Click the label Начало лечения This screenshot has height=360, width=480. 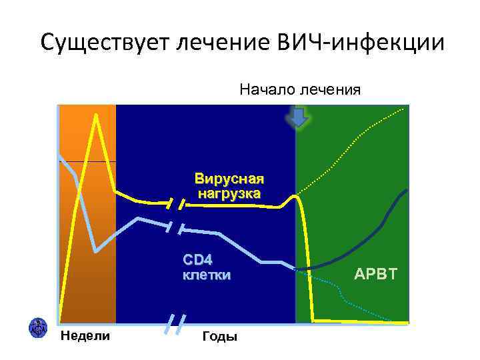click(x=300, y=89)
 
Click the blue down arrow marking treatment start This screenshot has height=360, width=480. click(x=298, y=118)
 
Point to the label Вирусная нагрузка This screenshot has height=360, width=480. click(x=229, y=186)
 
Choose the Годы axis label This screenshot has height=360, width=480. click(x=219, y=337)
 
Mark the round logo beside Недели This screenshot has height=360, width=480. click(x=37, y=327)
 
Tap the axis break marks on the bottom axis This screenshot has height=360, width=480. click(x=175, y=325)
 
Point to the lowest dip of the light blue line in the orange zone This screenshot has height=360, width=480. click(x=97, y=251)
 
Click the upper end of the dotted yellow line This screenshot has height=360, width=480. click(x=404, y=108)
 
